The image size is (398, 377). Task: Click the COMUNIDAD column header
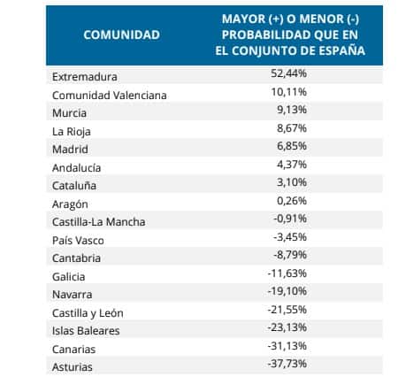click(x=121, y=35)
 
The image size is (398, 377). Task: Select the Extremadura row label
click(x=85, y=77)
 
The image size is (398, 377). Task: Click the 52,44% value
click(x=288, y=73)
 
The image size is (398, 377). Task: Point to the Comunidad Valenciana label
click(x=110, y=96)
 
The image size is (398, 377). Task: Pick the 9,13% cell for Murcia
click(x=292, y=110)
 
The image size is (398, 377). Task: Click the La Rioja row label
click(x=72, y=132)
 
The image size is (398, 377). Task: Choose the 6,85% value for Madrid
click(x=292, y=146)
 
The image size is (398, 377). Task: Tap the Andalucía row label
click(x=77, y=168)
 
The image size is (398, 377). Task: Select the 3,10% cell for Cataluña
click(x=292, y=182)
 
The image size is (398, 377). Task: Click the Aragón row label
click(x=70, y=204)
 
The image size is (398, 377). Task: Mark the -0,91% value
click(x=290, y=219)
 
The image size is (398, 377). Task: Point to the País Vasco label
click(x=78, y=241)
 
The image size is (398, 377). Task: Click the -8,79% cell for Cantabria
click(x=290, y=255)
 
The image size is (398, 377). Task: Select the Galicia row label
click(x=69, y=277)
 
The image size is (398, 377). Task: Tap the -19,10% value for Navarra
click(x=287, y=291)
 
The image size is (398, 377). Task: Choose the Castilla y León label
click(x=88, y=313)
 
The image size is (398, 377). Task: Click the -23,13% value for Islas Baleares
click(x=287, y=327)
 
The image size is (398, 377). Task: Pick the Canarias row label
click(x=73, y=350)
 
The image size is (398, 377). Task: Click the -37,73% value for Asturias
click(x=287, y=364)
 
